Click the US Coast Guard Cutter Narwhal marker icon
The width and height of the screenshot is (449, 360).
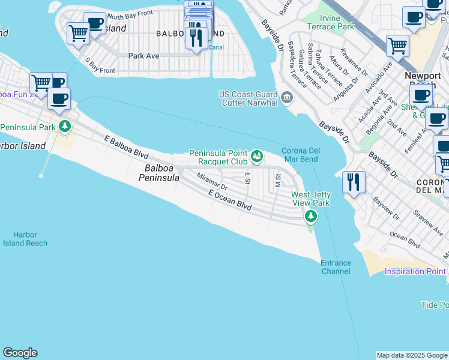[286, 97]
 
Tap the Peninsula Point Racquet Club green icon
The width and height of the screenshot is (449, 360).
[257, 157]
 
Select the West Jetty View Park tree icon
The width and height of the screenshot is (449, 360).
[310, 216]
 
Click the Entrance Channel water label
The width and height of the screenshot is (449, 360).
[335, 267]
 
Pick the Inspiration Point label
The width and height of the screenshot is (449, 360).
[415, 272]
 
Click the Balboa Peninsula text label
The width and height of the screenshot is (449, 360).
[159, 173]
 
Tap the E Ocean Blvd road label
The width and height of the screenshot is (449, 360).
[229, 200]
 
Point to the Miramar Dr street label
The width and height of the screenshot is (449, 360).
[212, 182]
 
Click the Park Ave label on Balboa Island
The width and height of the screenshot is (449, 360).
[143, 55]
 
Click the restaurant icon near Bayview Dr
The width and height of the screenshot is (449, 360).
[354, 181]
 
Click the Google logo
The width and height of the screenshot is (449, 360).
[20, 353]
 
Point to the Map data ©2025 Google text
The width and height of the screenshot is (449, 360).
[412, 355]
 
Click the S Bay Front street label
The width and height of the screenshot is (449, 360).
[100, 65]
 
